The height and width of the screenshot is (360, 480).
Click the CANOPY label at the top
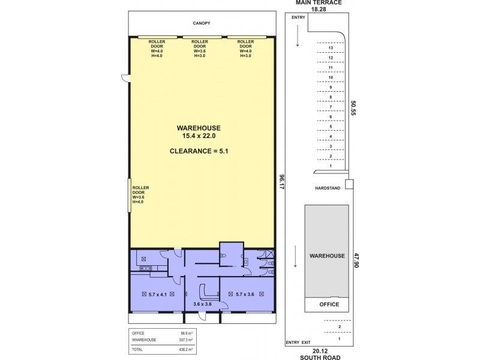(202, 23)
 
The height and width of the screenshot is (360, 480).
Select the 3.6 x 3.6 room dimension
(202, 304)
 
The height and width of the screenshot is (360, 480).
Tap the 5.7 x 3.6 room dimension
(241, 295)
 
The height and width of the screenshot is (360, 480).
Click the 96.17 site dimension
(281, 181)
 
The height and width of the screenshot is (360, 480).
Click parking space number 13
(331, 48)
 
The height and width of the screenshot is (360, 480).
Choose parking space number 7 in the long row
(331, 107)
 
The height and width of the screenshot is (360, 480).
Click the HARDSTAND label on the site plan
(327, 188)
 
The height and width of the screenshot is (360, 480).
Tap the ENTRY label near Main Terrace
(298, 17)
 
